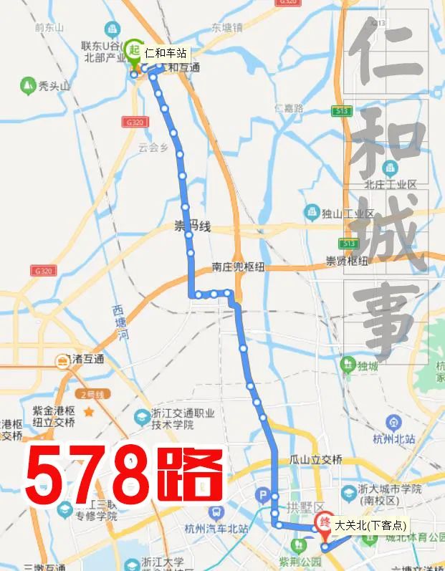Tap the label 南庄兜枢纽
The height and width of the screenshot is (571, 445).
click(x=238, y=267)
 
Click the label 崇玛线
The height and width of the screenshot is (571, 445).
click(x=193, y=227)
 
